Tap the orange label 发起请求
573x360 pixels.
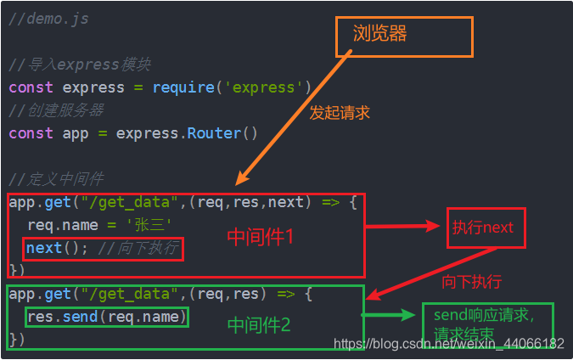340,112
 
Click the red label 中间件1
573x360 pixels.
260,237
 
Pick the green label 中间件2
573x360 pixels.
259,323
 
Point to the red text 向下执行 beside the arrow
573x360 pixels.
471,281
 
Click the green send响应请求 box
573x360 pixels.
486,324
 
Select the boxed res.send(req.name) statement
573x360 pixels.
106,317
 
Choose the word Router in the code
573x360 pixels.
215,133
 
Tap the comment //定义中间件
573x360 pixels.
56,179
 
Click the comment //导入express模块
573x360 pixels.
80,65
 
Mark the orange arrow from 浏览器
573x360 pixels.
293,119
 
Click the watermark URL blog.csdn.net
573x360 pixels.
449,343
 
